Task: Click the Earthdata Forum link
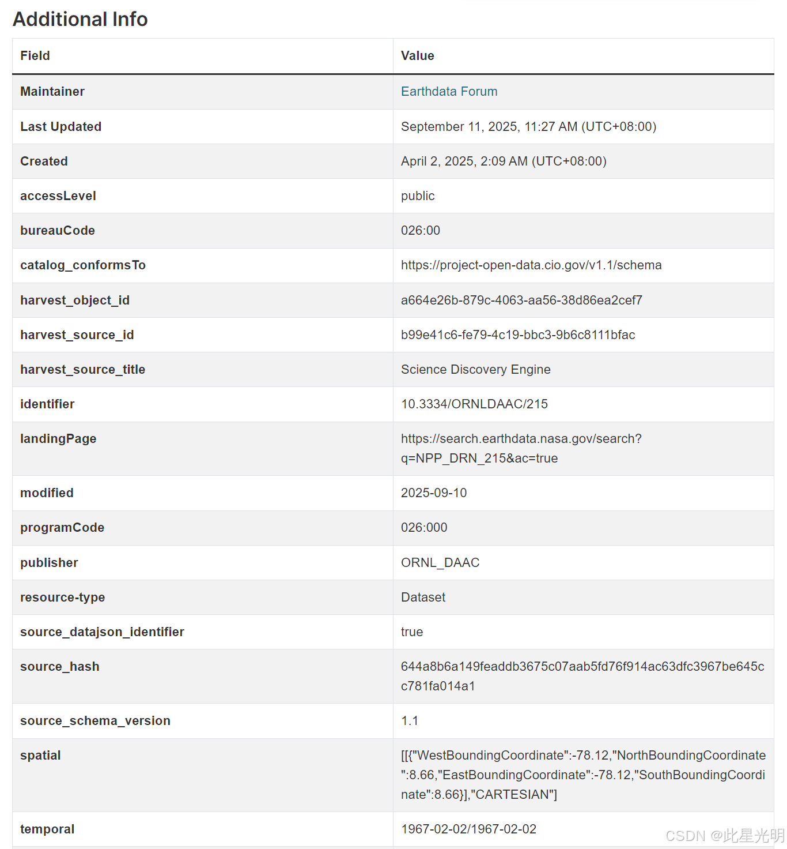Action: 449,92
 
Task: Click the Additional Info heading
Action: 80,19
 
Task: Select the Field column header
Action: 35,56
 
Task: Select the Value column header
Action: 417,56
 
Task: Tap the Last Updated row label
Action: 60,127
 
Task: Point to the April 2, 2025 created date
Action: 503,161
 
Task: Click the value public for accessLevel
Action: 418,196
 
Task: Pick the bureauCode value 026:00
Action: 420,231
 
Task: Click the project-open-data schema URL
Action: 531,265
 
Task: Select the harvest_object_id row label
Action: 75,300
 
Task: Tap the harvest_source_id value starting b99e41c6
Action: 517,335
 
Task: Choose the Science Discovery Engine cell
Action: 475,370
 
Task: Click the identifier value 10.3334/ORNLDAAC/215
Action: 474,404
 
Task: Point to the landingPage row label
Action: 58,439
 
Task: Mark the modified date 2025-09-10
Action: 433,493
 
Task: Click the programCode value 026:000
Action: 423,528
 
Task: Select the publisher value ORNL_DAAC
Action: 440,563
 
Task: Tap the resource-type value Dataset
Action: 423,598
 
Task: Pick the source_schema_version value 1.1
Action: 409,721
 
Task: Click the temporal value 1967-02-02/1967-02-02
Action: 468,829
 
